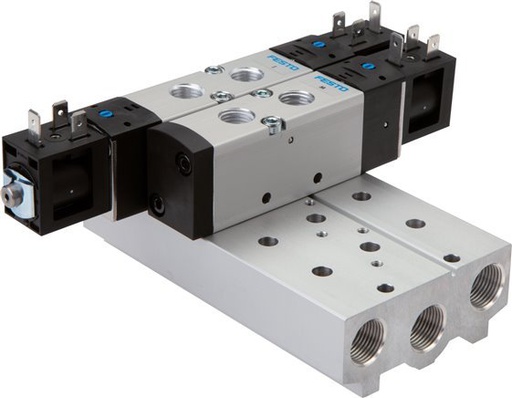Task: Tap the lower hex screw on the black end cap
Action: (159, 208)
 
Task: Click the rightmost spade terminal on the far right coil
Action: (433, 45)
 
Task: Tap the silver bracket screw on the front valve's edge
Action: (268, 126)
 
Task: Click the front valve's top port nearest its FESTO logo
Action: (294, 98)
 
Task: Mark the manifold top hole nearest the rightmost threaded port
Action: (451, 257)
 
